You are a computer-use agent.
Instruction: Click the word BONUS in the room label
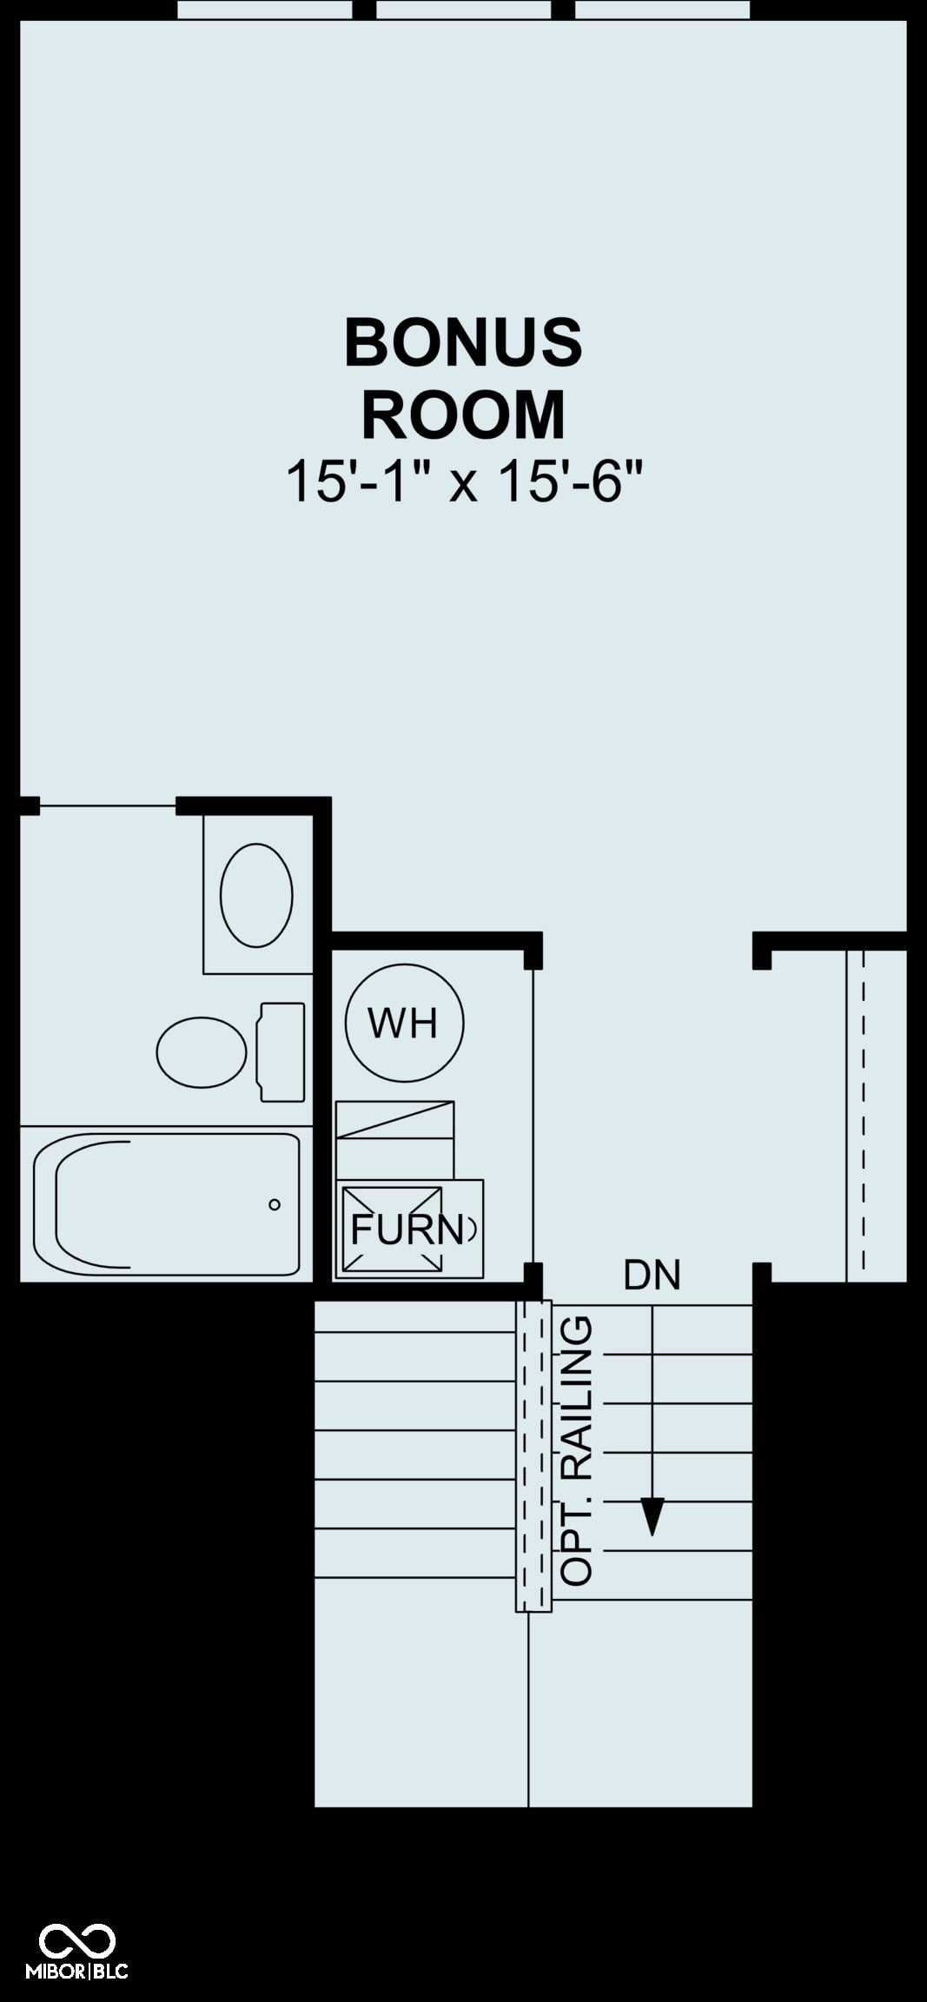point(463,342)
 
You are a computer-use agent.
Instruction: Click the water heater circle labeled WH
point(404,1023)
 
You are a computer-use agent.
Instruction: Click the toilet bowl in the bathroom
point(202,1051)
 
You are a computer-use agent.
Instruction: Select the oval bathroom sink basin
point(256,895)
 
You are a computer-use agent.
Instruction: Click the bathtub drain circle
point(275,1204)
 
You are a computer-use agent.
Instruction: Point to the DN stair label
point(652,1275)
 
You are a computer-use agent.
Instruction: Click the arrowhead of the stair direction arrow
point(652,1517)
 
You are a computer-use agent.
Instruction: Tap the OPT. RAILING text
point(577,1450)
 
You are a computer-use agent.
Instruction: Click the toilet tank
point(282,1052)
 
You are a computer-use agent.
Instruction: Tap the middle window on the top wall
point(463,10)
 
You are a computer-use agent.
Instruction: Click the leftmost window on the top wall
point(265,10)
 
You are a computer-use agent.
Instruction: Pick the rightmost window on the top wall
point(662,10)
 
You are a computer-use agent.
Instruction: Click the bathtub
point(166,1204)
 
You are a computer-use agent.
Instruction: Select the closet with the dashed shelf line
point(877,1116)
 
